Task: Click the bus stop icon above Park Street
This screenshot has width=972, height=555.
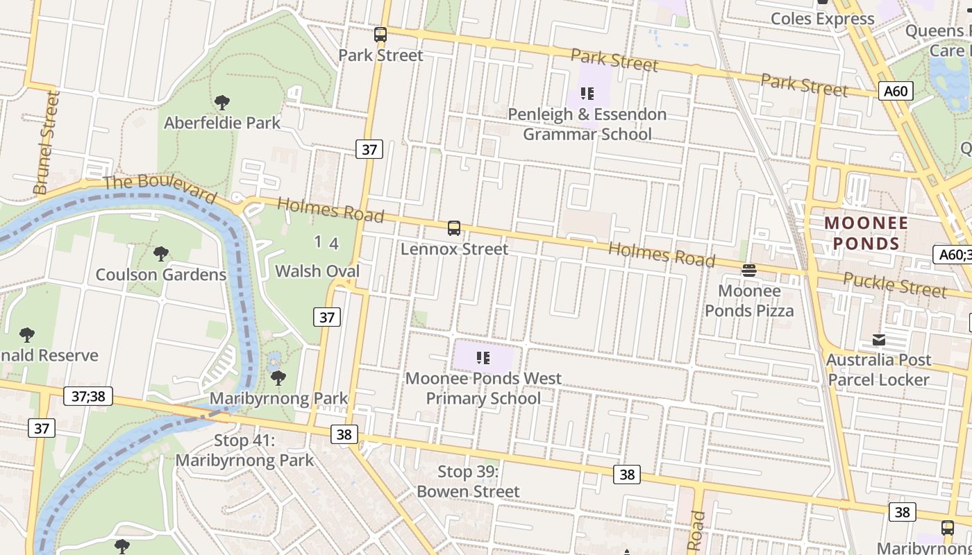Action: (380, 35)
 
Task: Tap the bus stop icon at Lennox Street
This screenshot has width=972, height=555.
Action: (454, 228)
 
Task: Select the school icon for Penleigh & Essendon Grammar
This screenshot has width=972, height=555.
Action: (587, 94)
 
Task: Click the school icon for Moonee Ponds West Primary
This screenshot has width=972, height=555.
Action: (483, 358)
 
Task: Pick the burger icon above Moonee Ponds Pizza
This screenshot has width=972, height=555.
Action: (749, 271)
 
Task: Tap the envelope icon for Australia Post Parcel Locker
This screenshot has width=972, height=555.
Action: (879, 340)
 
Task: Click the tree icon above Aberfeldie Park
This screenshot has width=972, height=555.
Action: (222, 103)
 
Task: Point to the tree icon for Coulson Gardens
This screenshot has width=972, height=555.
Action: (161, 254)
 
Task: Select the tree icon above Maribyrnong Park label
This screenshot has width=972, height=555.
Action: (278, 378)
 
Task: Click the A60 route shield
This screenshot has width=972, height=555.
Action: (896, 91)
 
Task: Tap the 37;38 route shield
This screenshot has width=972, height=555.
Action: (88, 396)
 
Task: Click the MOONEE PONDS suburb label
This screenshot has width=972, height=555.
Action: (866, 233)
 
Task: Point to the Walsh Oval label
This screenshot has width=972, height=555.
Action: (317, 271)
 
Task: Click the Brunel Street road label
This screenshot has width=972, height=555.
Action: (47, 143)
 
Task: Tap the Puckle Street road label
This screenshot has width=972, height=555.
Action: (895, 284)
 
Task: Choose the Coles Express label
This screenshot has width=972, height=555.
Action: (823, 19)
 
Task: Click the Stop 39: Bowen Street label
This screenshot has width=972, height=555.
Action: (468, 481)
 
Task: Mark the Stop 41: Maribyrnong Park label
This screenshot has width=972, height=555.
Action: (244, 450)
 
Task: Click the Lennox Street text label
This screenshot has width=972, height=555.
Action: (454, 249)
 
